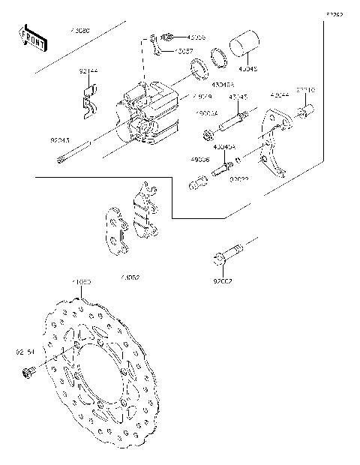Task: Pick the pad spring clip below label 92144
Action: tap(89, 100)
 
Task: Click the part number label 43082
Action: tap(129, 277)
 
